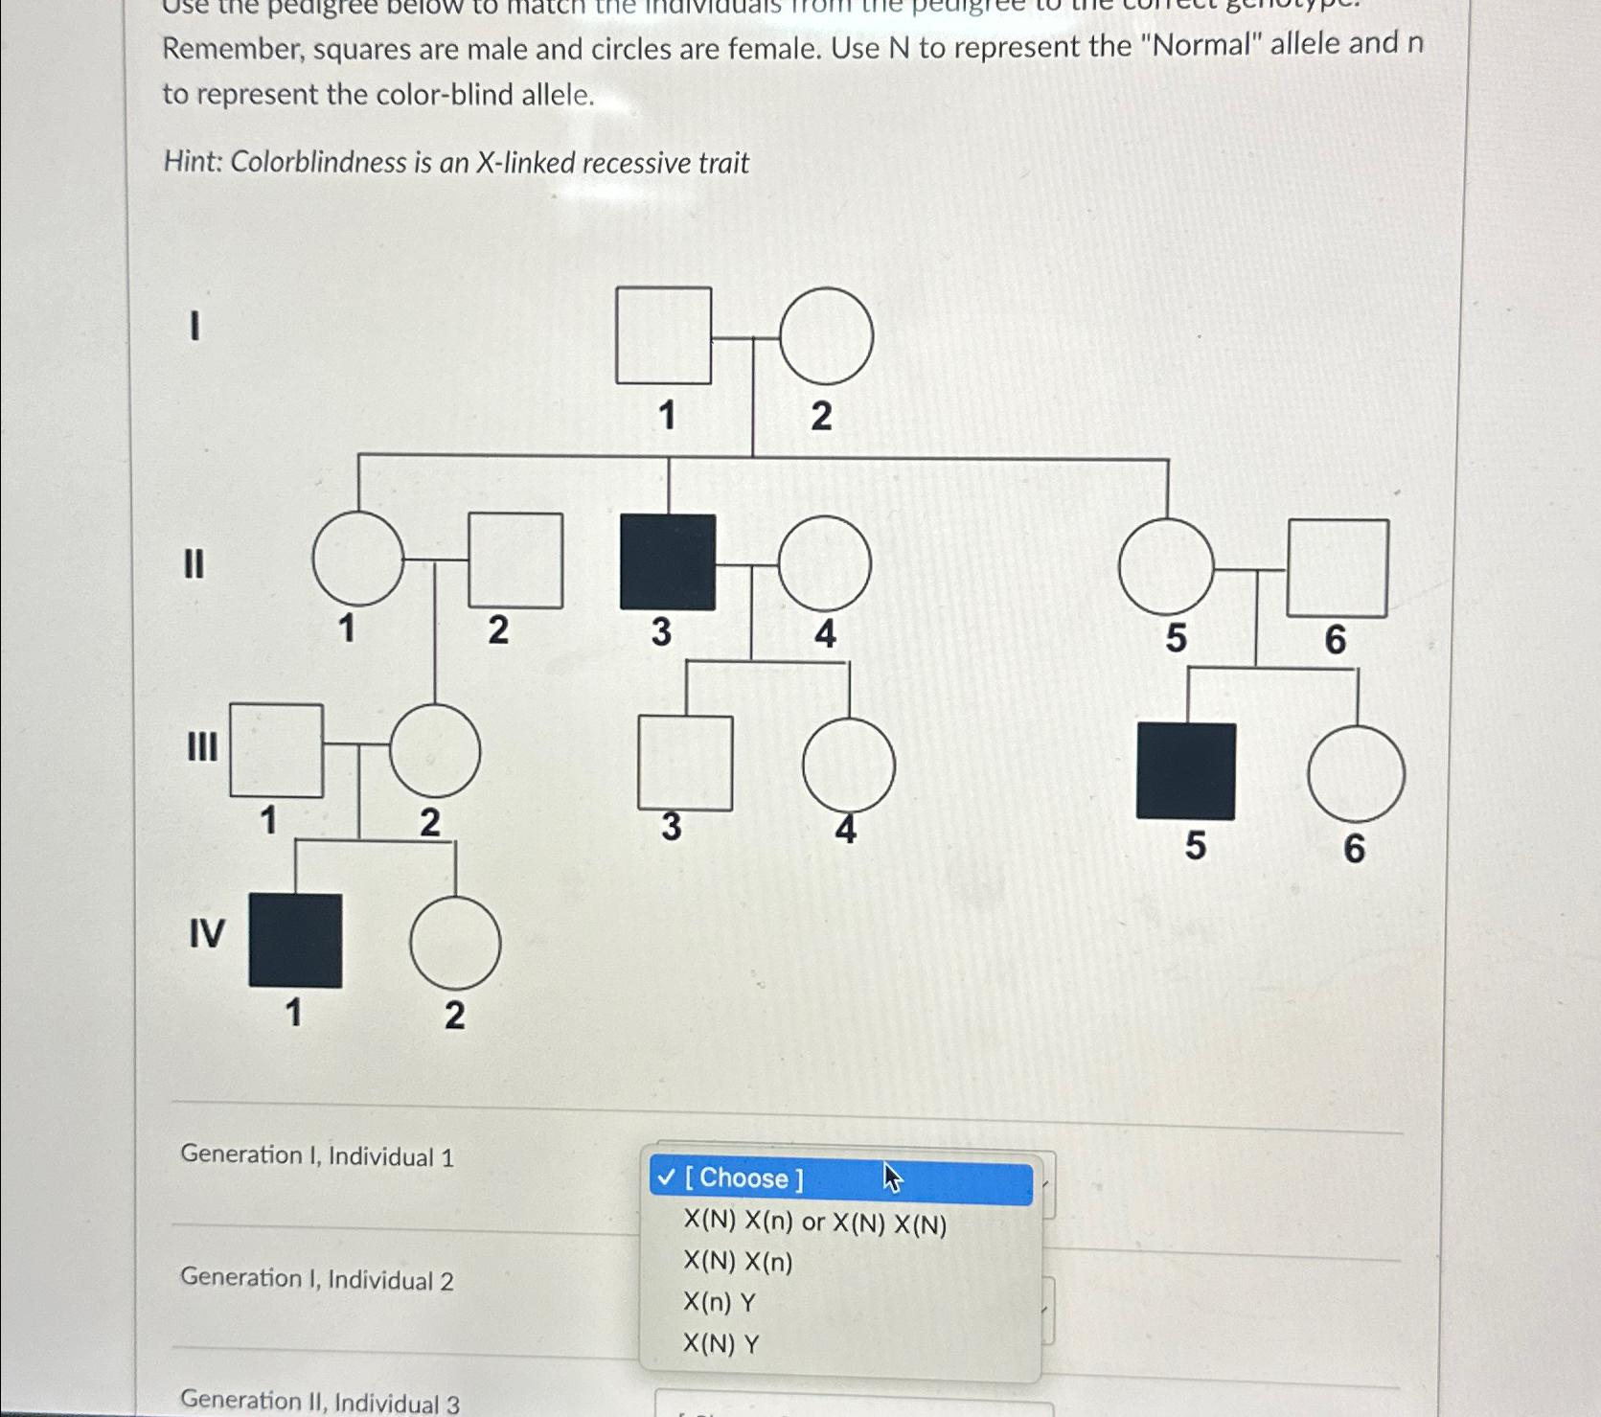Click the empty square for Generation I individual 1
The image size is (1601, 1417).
663,335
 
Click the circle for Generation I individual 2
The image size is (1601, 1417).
826,336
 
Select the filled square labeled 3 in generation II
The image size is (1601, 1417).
668,562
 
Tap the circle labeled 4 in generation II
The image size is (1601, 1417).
825,563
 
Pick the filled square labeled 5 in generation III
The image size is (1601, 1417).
1185,771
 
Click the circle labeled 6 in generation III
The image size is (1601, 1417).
1356,774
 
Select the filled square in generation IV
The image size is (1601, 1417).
295,941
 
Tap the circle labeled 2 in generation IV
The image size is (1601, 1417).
455,943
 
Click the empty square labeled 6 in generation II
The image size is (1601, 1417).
1337,568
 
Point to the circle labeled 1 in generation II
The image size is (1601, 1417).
358,558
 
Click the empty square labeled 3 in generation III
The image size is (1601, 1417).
685,764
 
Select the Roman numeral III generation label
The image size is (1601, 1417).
201,746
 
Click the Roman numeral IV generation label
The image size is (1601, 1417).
207,932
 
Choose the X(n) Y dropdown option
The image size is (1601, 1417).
720,1303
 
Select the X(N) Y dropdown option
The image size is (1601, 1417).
720,1344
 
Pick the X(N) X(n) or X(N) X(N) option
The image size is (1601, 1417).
814,1223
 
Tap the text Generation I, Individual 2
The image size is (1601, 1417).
316,1279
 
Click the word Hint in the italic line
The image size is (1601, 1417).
191,162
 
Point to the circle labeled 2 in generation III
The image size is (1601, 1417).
435,751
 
